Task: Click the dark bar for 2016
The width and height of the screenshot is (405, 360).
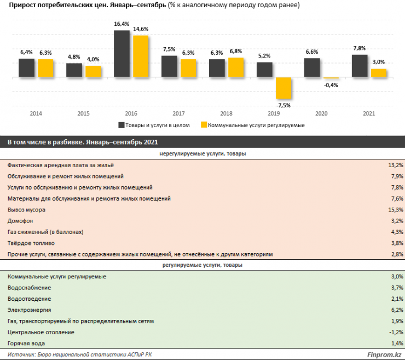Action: pyautogui.click(x=121, y=54)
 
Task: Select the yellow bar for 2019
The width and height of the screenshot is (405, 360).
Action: pyautogui.click(x=283, y=88)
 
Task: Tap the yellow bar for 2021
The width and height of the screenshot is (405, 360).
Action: pyautogui.click(x=378, y=73)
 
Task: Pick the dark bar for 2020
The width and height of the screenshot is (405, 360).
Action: pyautogui.click(x=311, y=68)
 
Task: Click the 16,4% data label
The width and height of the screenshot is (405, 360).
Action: pyautogui.click(x=121, y=25)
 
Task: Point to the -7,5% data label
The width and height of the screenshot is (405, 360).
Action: pyautogui.click(x=283, y=105)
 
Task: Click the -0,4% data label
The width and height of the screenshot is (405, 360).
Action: pyautogui.click(x=331, y=85)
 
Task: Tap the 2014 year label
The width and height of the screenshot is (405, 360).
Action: pyautogui.click(x=36, y=114)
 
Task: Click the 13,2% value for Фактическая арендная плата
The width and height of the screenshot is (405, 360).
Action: pyautogui.click(x=395, y=165)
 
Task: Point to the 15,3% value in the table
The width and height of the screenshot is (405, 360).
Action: pyautogui.click(x=395, y=210)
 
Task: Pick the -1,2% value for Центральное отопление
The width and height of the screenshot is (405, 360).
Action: pyautogui.click(x=395, y=332)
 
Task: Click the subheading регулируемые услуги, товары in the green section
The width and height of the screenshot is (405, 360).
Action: pyautogui.click(x=202, y=265)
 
